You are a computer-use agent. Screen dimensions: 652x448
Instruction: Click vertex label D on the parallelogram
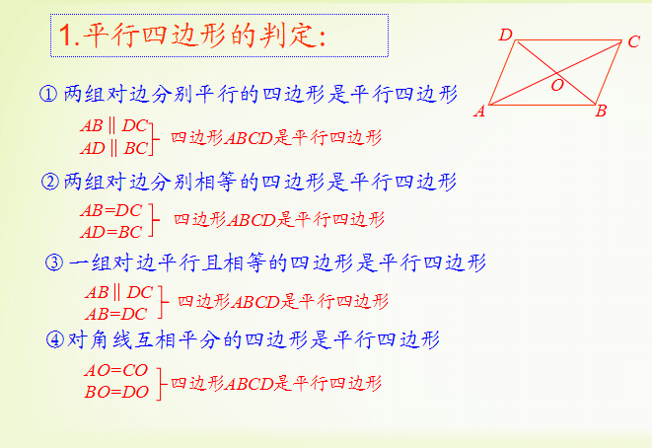click(506, 35)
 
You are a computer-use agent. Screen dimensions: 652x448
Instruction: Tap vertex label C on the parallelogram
click(633, 41)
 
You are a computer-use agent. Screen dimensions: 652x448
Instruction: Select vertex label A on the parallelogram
click(479, 112)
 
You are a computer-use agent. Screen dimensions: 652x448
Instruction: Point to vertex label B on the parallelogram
click(601, 112)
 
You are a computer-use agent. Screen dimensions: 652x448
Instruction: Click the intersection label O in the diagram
click(557, 85)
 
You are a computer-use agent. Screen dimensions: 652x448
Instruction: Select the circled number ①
click(48, 94)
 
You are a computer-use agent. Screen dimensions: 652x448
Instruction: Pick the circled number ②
click(50, 182)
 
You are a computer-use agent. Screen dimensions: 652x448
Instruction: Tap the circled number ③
click(54, 262)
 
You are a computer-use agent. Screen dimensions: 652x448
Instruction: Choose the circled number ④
click(55, 339)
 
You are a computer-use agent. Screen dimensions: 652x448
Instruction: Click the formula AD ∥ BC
click(114, 148)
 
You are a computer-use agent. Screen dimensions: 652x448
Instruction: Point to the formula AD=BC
click(111, 232)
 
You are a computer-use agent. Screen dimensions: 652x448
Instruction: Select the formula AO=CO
click(116, 370)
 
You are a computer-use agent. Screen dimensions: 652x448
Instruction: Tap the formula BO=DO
click(116, 392)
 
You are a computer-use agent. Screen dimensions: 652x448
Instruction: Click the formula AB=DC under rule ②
click(111, 210)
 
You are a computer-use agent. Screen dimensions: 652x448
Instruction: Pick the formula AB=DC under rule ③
click(116, 314)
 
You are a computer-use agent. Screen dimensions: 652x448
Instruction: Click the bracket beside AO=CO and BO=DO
click(160, 384)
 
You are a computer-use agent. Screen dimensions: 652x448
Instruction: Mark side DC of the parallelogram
click(568, 40)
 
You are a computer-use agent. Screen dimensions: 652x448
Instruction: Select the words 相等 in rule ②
click(215, 182)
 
